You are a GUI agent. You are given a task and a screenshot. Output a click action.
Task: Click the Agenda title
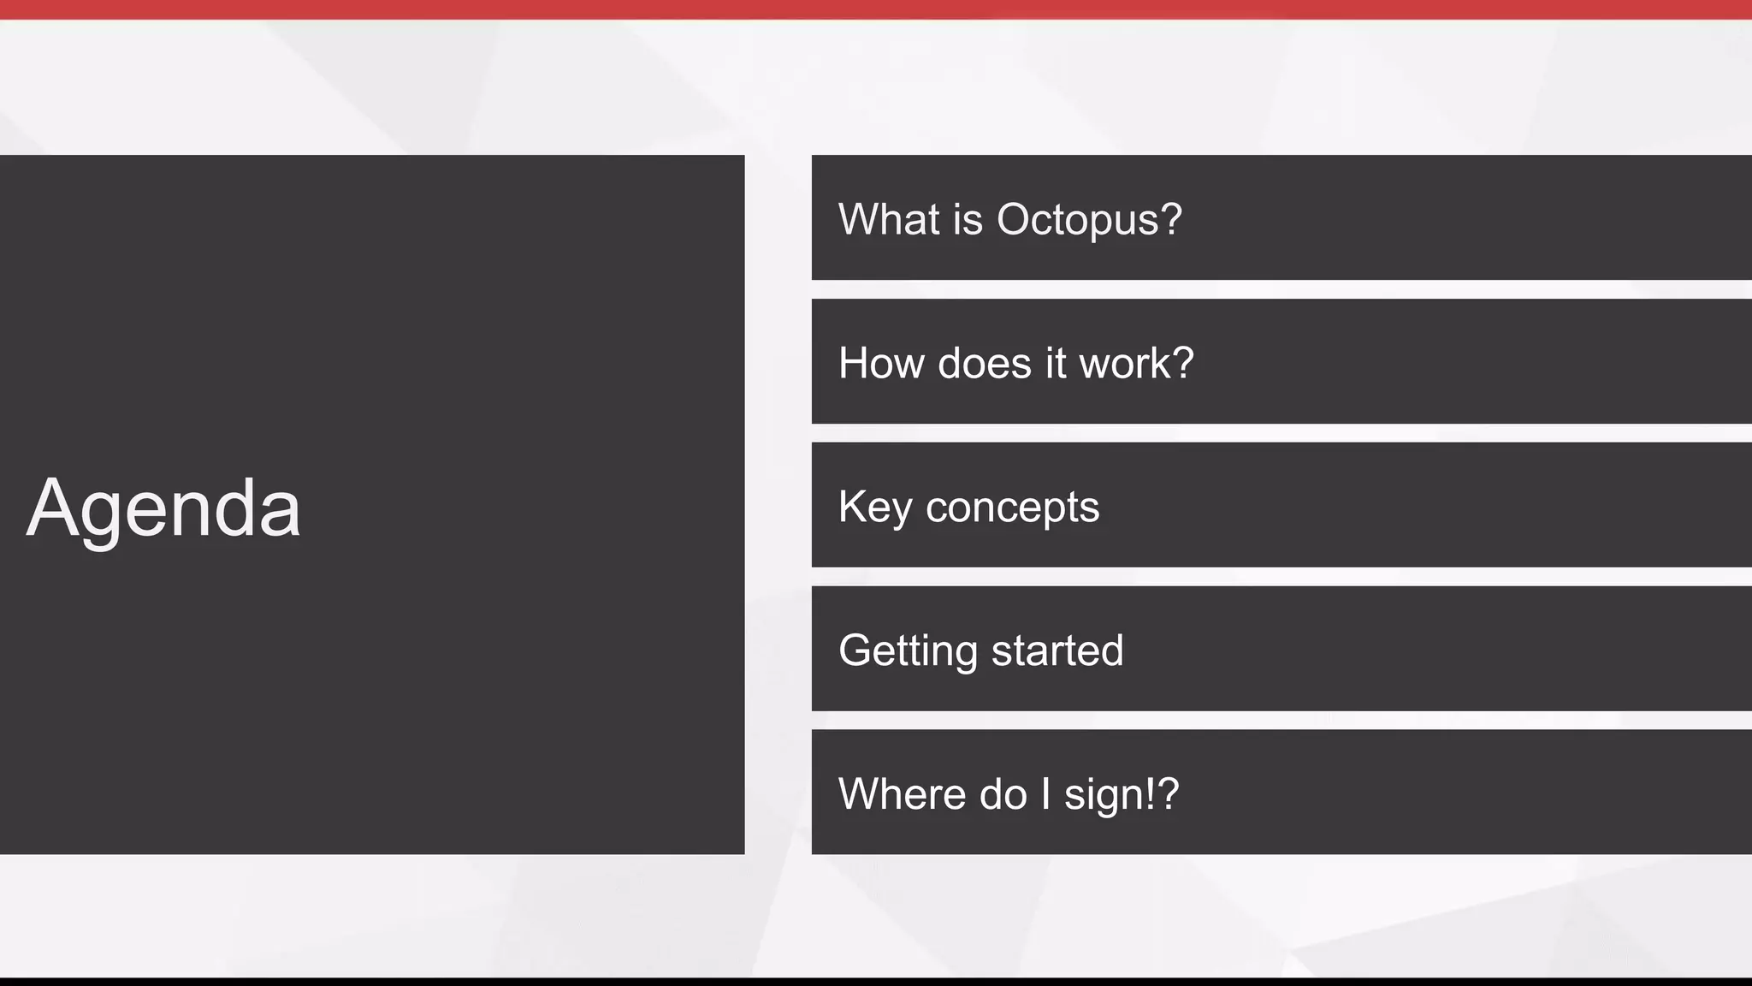point(163,508)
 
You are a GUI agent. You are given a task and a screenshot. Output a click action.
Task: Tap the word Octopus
point(1077,220)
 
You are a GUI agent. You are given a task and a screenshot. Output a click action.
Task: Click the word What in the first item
point(889,219)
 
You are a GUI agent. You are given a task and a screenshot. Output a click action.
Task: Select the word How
point(881,363)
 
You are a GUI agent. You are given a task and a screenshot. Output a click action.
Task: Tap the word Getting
point(908,651)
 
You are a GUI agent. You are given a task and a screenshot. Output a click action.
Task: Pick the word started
point(1057,650)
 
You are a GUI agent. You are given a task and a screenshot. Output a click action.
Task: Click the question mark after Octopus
point(1171,219)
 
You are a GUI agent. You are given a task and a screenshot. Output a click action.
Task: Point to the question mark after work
point(1183,363)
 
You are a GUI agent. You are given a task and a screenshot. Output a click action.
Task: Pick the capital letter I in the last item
point(1045,793)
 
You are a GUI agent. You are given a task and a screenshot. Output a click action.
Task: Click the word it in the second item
point(1056,363)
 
